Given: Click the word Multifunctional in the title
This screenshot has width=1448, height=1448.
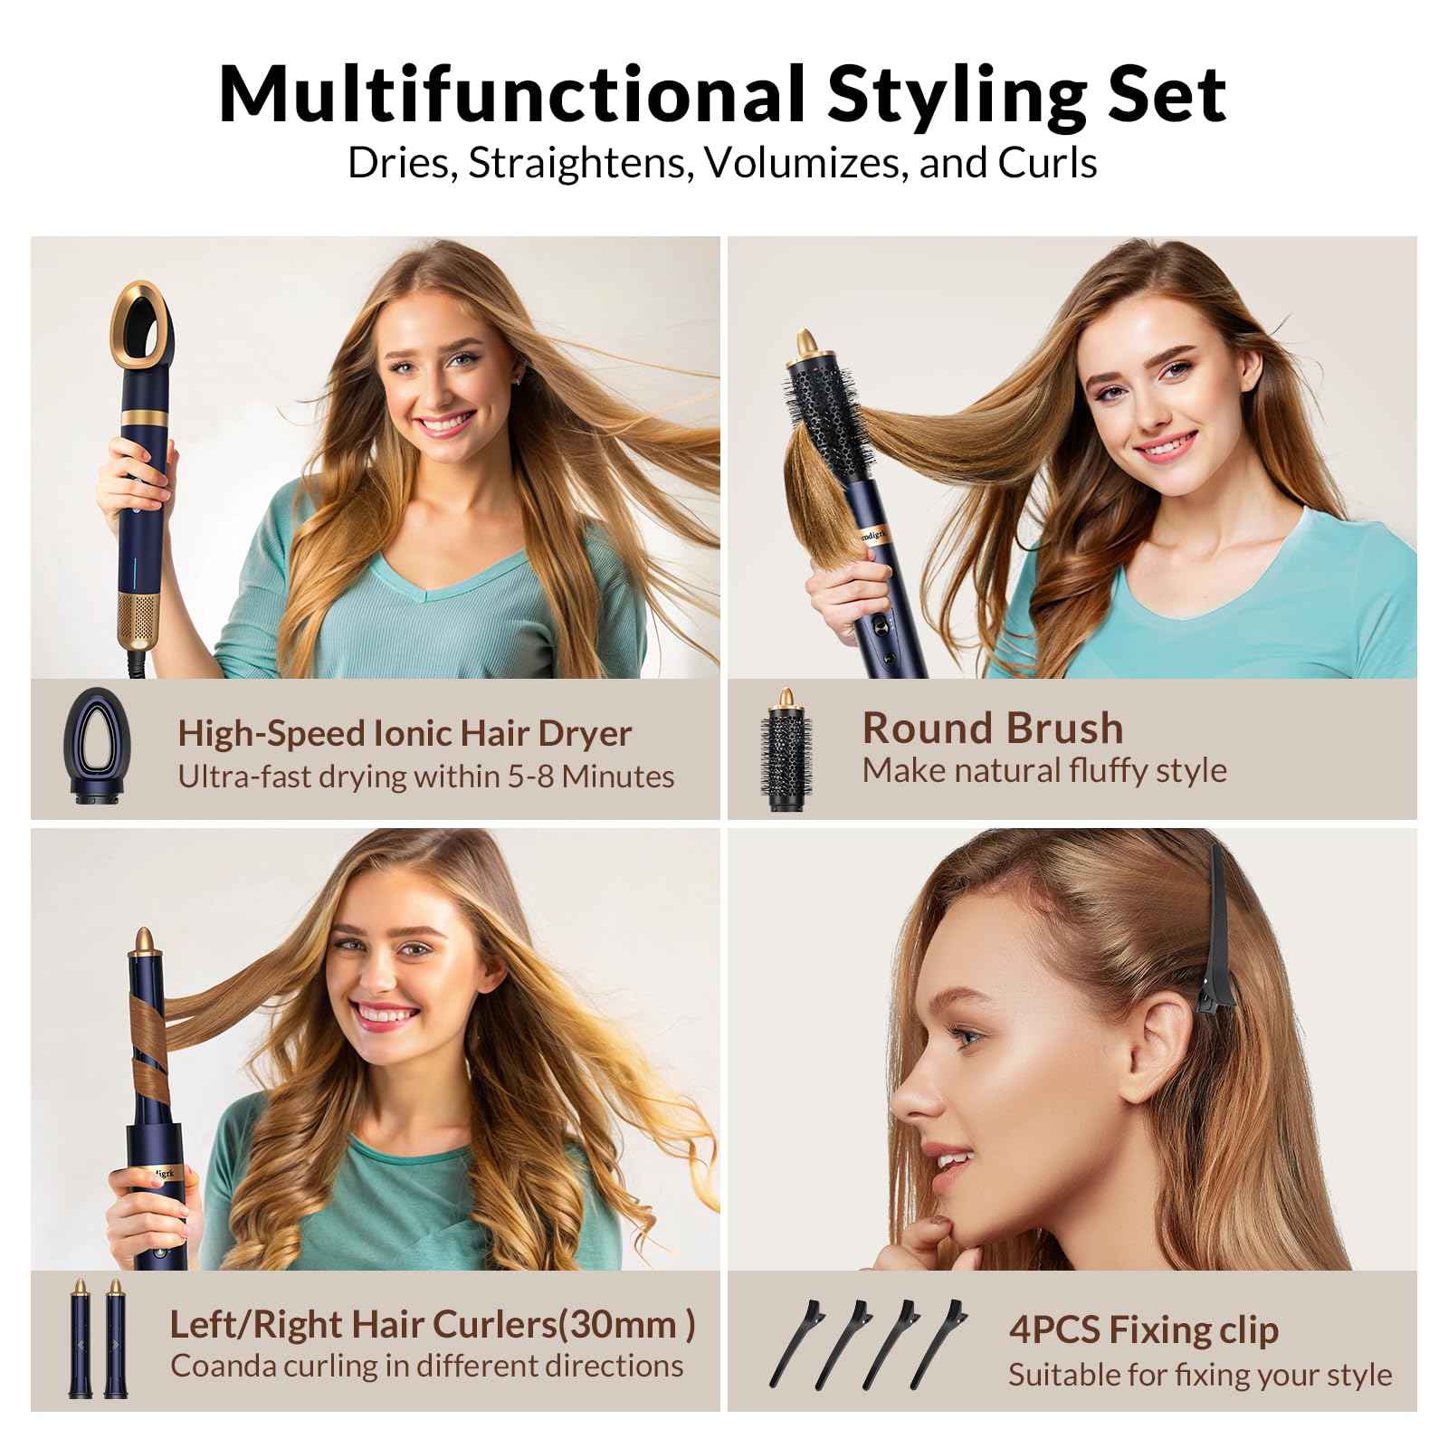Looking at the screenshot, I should point(511,93).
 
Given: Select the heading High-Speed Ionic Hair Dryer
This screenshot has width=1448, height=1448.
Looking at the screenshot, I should point(404,733).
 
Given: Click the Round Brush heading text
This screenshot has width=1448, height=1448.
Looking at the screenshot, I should point(992,728).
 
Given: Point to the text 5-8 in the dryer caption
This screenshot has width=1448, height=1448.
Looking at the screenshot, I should point(519,776).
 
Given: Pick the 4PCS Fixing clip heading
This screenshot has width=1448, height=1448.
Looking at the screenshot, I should point(1143,1329).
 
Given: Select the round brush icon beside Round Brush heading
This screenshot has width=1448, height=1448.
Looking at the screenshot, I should point(784,750).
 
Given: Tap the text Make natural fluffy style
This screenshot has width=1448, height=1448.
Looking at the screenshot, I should point(1043,770).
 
